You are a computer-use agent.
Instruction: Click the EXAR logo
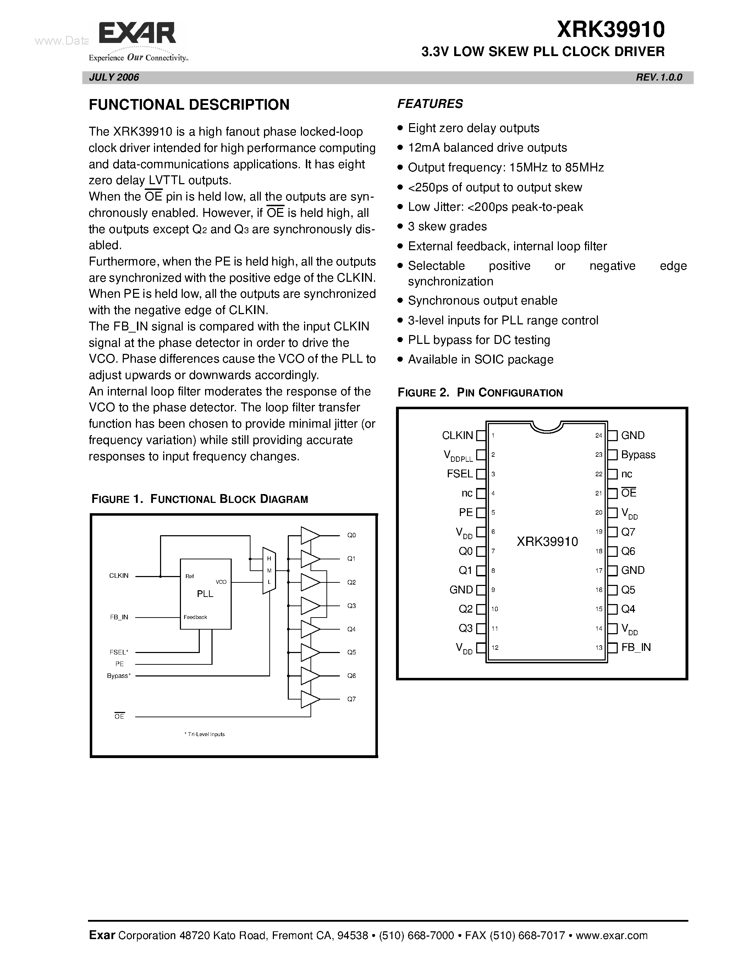138,35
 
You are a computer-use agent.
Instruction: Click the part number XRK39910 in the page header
611,30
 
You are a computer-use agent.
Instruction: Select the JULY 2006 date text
114,77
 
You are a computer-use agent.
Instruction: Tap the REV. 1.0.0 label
659,77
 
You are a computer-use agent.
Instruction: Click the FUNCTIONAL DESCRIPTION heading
189,105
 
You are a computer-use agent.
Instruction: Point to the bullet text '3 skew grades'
447,226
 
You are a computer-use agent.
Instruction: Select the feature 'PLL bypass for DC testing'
479,340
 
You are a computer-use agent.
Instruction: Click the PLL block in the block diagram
205,593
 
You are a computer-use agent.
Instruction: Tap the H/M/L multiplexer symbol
269,571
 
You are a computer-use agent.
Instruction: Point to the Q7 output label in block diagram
352,699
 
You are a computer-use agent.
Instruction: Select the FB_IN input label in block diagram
119,617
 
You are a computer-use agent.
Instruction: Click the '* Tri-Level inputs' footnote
205,734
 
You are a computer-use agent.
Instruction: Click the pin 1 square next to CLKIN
481,435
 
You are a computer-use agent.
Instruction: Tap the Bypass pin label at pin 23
638,455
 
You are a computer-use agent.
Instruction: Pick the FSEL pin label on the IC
459,474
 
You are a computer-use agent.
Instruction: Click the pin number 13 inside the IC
599,648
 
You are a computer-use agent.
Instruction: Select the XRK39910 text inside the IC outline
547,542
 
